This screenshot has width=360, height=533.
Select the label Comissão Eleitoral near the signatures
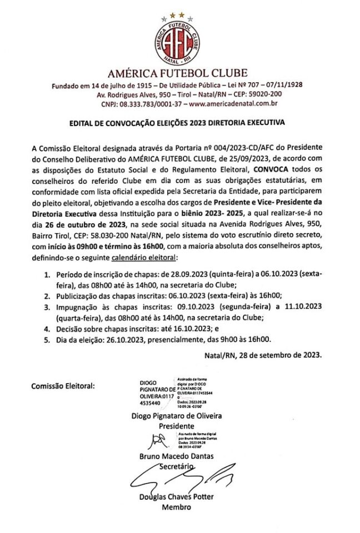63,385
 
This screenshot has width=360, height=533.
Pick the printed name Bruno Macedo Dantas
176,456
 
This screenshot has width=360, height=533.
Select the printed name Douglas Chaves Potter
176,496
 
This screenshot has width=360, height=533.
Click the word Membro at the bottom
176,507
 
